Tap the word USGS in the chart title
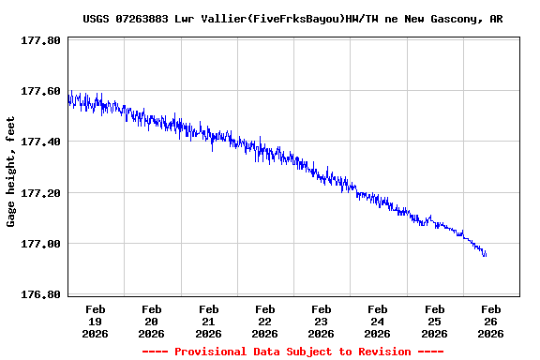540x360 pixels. pyautogui.click(x=97, y=18)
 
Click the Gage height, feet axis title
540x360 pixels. pyautogui.click(x=12, y=172)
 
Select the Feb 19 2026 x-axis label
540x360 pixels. pyautogui.click(x=96, y=321)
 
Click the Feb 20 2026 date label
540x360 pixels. pyautogui.click(x=152, y=321)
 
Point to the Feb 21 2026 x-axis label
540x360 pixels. pyautogui.click(x=208, y=321)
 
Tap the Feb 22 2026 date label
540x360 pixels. pyautogui.click(x=265, y=321)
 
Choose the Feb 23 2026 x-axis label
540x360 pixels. pyautogui.click(x=322, y=321)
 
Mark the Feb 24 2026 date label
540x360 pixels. pyautogui.click(x=378, y=321)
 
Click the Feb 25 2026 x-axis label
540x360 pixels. pyautogui.click(x=434, y=321)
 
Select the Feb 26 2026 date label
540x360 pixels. pyautogui.click(x=490, y=321)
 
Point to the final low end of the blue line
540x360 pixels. pyautogui.click(x=486, y=255)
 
